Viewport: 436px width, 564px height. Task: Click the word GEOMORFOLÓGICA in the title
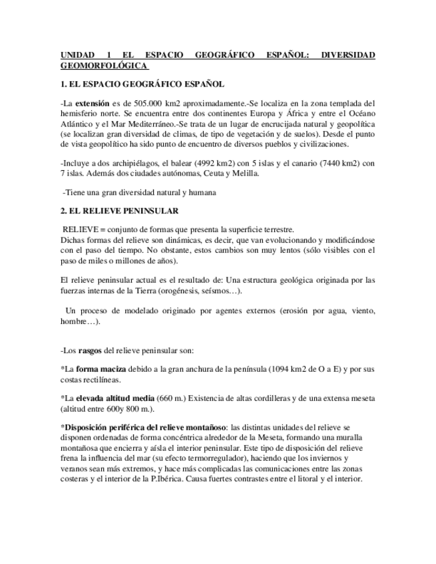pyautogui.click(x=103, y=66)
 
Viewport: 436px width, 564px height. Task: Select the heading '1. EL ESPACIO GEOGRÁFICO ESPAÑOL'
pyautogui.click(x=142, y=85)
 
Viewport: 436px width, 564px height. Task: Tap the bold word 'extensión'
pyautogui.click(x=93, y=104)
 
